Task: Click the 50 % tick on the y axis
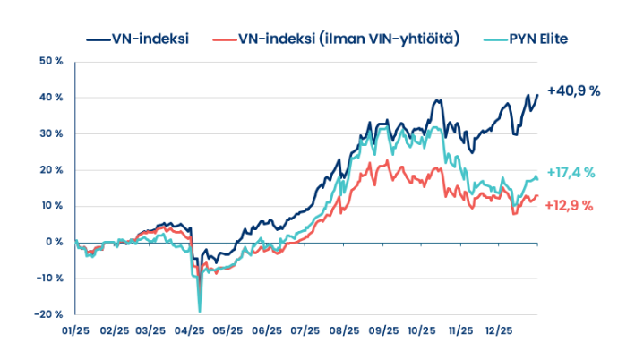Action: [51, 61]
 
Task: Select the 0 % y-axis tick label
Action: [54, 242]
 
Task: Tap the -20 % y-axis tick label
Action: [48, 314]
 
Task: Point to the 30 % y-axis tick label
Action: [51, 133]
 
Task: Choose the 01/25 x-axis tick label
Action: [76, 330]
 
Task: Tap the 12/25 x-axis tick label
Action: [498, 330]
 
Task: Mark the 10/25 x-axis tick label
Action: [421, 330]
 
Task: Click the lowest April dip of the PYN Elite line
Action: [199, 311]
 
